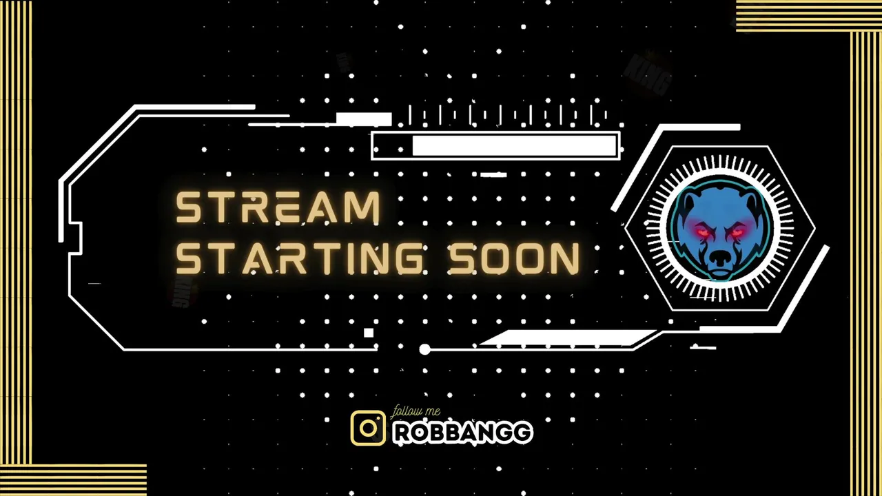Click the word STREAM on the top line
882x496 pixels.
278,207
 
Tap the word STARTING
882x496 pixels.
299,258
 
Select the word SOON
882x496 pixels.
515,258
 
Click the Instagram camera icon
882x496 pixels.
368,428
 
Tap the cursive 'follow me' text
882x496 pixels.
416,412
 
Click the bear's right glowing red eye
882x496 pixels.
737,233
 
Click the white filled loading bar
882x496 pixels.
514,145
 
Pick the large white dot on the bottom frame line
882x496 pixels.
425,349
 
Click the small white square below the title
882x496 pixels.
369,333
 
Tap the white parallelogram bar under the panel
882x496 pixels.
567,338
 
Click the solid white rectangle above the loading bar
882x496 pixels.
364,119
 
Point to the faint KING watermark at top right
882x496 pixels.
648,75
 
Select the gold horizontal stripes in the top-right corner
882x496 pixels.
809,16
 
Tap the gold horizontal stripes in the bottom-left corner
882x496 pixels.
73,480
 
